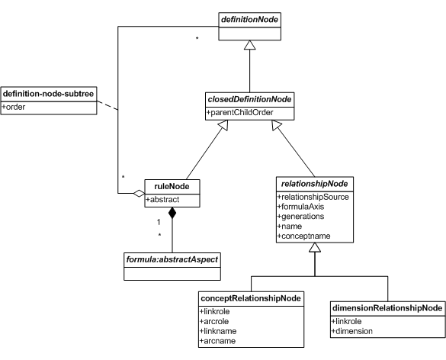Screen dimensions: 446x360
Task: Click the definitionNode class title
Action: (x=249, y=20)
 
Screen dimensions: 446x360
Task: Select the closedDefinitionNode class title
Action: (x=249, y=99)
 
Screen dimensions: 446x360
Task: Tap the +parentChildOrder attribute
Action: (x=240, y=112)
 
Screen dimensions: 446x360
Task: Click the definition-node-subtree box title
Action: (x=48, y=94)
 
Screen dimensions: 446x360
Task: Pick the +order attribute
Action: (x=14, y=107)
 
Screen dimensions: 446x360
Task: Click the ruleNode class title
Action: (x=172, y=186)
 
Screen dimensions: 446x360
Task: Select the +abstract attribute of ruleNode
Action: (x=162, y=200)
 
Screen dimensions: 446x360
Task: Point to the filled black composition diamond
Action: (x=172, y=213)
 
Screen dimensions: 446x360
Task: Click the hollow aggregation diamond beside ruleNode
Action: (x=139, y=194)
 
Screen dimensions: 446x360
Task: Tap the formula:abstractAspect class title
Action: (x=172, y=259)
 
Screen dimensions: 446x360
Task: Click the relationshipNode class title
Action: (x=314, y=184)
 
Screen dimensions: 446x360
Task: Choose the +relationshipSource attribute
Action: (x=313, y=197)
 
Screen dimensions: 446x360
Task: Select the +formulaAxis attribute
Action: (x=300, y=207)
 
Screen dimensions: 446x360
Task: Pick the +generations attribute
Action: (x=300, y=217)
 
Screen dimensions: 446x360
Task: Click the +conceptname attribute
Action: (x=303, y=236)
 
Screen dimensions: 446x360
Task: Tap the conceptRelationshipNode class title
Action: (x=251, y=298)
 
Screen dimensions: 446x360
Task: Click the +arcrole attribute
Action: (x=214, y=321)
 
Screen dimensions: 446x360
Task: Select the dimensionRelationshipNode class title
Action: (x=387, y=308)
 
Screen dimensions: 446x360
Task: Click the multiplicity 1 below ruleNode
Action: (x=159, y=222)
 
